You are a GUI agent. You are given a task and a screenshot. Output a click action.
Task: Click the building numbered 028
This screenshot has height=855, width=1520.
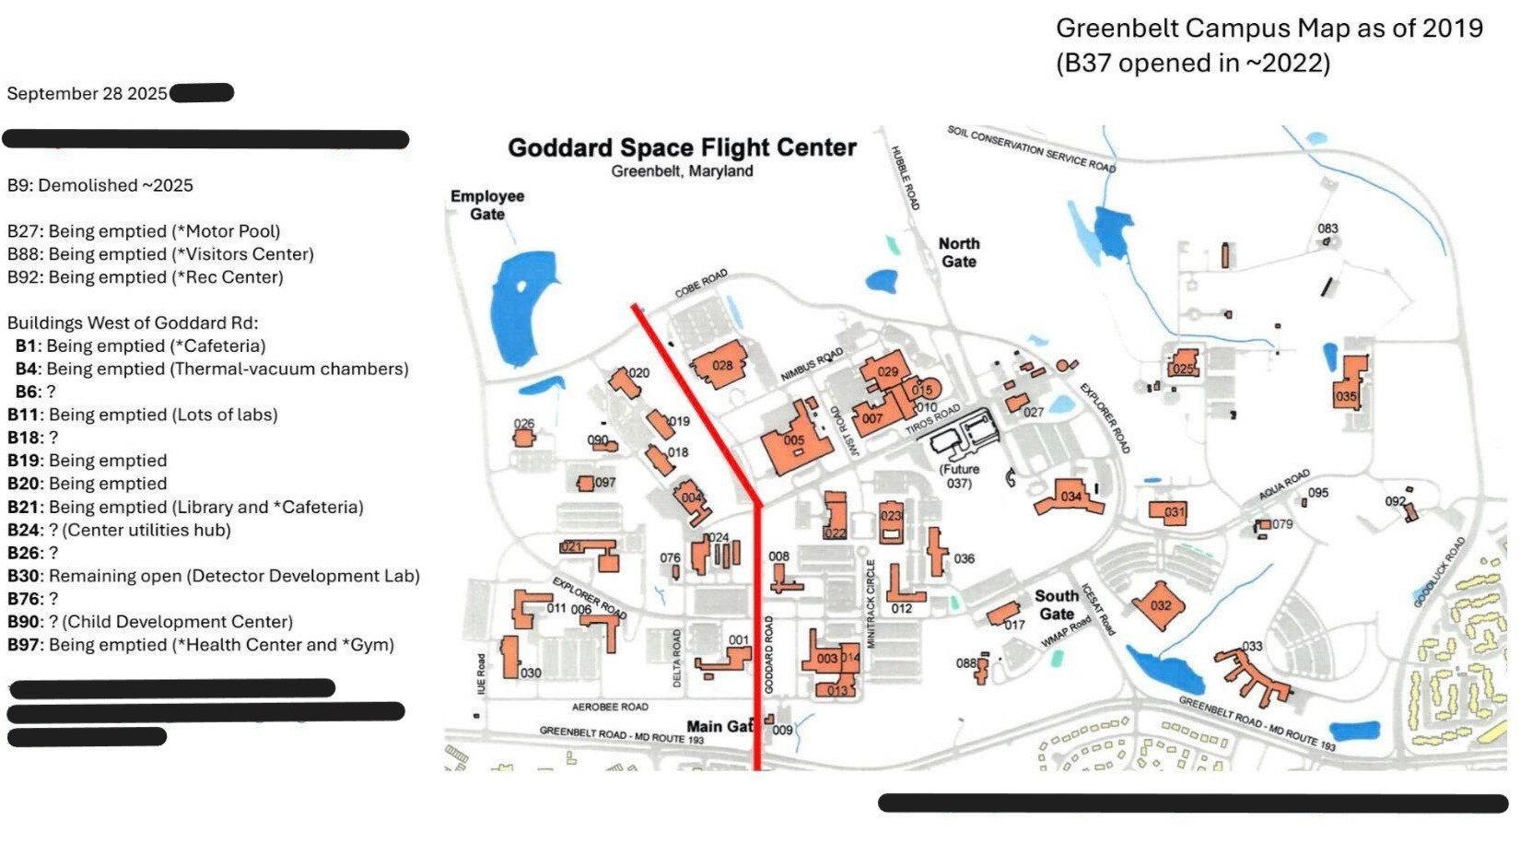pyautogui.click(x=719, y=368)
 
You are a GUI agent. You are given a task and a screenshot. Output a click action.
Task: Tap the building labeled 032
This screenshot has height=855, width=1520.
pyautogui.click(x=1159, y=604)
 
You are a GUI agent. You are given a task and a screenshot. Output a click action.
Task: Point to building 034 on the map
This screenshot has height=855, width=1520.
pyautogui.click(x=1068, y=498)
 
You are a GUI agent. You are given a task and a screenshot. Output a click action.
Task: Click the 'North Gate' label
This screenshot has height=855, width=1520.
pyautogui.click(x=958, y=252)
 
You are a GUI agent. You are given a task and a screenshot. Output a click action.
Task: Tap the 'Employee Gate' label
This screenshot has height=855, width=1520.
pyautogui.click(x=487, y=205)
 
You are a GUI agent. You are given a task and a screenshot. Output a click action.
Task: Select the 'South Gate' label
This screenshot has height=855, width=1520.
pyautogui.click(x=1057, y=604)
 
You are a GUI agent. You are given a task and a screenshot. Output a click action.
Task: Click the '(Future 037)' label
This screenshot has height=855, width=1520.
pyautogui.click(x=959, y=476)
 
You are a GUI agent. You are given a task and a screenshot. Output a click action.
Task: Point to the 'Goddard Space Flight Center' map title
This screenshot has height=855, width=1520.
pyautogui.click(x=682, y=147)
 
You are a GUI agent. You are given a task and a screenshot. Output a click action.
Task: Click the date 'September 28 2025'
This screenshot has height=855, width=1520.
pyautogui.click(x=87, y=94)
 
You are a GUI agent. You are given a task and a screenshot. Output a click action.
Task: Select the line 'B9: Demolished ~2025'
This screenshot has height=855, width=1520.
pyautogui.click(x=100, y=185)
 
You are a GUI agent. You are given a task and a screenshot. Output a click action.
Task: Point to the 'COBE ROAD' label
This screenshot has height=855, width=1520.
pyautogui.click(x=701, y=284)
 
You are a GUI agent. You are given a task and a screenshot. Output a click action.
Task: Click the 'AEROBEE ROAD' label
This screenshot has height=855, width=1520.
pyautogui.click(x=610, y=707)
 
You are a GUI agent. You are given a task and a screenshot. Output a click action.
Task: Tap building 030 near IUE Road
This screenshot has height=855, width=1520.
pyautogui.click(x=509, y=657)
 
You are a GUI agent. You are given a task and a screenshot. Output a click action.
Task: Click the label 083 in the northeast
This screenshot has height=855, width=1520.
pyautogui.click(x=1327, y=228)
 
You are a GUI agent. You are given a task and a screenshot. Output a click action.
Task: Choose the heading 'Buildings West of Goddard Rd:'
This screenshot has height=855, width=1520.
pyautogui.click(x=133, y=323)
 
